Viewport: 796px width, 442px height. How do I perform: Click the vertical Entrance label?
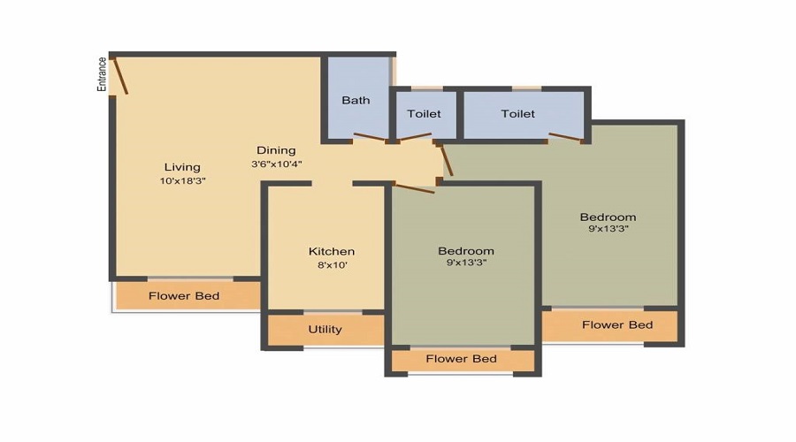pos(102,74)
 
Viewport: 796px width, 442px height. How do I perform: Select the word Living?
pos(182,167)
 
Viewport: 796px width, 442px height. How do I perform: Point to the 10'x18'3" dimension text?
pos(182,180)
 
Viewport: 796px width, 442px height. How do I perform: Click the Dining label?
pos(276,150)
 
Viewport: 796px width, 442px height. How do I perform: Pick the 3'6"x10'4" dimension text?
pos(276,164)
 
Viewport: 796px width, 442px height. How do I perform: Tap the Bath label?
pos(356,100)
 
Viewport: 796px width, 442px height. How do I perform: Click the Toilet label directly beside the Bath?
pos(424,114)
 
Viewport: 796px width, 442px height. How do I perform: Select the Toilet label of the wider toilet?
pos(517,114)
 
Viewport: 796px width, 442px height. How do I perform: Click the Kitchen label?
pos(332,251)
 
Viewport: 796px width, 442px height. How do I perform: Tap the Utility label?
pos(325,330)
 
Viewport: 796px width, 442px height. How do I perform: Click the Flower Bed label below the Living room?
pos(184,295)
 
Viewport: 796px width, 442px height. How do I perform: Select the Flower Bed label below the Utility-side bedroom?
pos(461,359)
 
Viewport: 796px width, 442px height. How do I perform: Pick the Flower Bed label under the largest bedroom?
pos(617,324)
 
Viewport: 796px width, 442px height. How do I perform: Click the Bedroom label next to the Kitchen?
pos(466,251)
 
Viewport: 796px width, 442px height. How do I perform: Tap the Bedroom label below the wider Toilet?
pos(608,217)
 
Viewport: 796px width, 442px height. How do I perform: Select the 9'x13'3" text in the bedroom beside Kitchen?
pos(466,263)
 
